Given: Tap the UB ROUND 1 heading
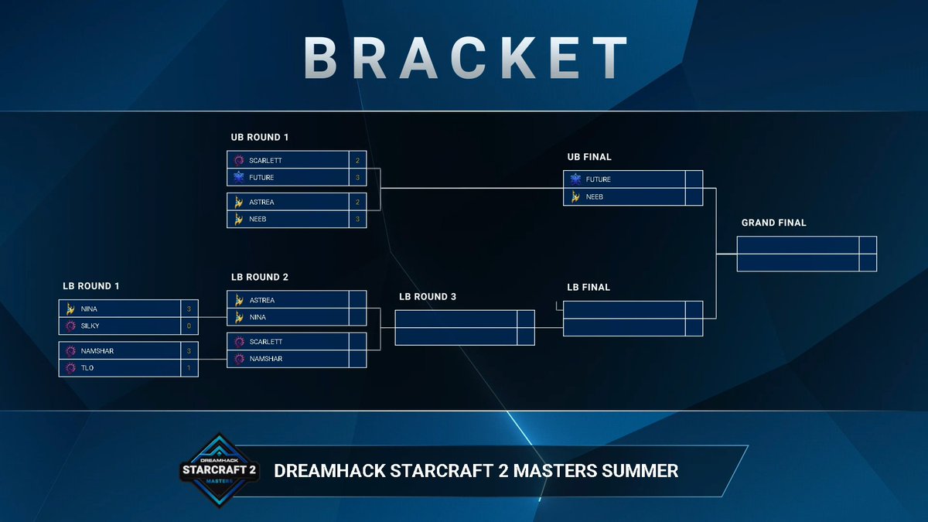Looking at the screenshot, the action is pos(259,138).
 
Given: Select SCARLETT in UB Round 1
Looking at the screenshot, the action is pos(266,161).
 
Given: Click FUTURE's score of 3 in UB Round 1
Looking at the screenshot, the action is pos(357,178).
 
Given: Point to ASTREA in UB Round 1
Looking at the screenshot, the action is pos(262,203).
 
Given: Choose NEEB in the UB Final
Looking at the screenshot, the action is pos(595,196).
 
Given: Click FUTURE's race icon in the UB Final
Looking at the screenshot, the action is pos(575,179).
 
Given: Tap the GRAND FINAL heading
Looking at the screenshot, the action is pos(773,223).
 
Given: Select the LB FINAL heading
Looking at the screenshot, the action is pos(588,288).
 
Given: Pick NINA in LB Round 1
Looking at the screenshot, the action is pos(89,309).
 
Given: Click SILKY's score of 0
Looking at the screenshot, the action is pos(189,326).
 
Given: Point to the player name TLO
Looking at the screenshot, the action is pos(87,368).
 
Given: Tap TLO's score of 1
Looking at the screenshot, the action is pos(189,368).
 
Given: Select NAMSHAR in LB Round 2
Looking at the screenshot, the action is pos(266,359).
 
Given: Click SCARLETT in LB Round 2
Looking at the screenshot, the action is pos(266,342).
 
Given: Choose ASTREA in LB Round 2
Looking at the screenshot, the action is pos(262,300).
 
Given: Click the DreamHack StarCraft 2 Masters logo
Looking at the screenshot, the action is pos(218,469).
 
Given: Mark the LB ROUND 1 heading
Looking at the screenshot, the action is pos(91,286).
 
